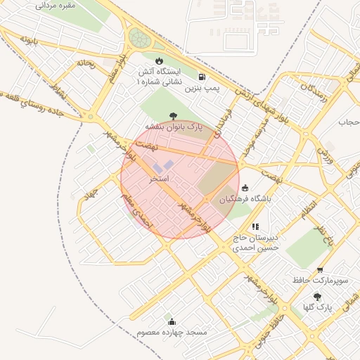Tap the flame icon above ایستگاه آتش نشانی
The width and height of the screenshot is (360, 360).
160,61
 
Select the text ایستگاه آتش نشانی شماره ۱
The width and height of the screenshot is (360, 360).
158,77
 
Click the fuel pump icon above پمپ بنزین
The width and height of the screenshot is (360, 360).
202,77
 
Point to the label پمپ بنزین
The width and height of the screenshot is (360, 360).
202,89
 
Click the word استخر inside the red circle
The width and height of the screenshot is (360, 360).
160,179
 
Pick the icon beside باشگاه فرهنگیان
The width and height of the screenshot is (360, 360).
245,188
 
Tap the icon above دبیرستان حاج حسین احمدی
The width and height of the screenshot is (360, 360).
256,226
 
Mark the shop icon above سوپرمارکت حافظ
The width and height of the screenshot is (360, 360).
321,270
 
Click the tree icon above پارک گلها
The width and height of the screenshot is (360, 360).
317,297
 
